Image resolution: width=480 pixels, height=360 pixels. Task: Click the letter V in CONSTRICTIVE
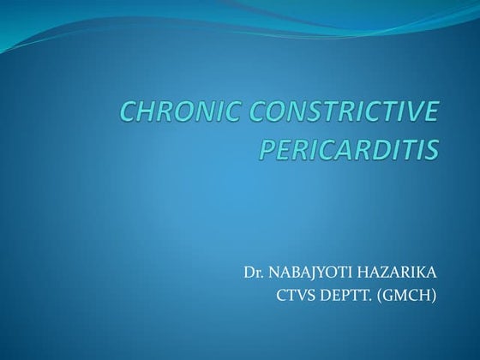(412, 113)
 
